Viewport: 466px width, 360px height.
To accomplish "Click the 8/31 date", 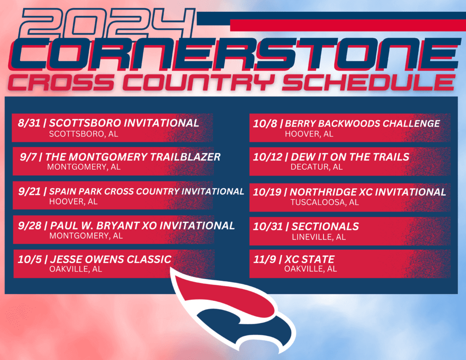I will click(28, 123).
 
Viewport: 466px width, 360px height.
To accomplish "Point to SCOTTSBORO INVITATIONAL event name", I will click(124, 123).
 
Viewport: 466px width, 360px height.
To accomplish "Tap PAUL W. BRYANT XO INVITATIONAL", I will click(142, 225).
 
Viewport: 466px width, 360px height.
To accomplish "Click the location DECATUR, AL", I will click(316, 167).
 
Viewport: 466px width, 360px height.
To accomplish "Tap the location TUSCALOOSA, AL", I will click(324, 202).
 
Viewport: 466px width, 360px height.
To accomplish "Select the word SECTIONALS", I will click(325, 226).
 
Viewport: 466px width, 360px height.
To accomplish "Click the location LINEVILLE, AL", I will click(319, 237).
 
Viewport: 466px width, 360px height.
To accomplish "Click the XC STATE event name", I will click(309, 259).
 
